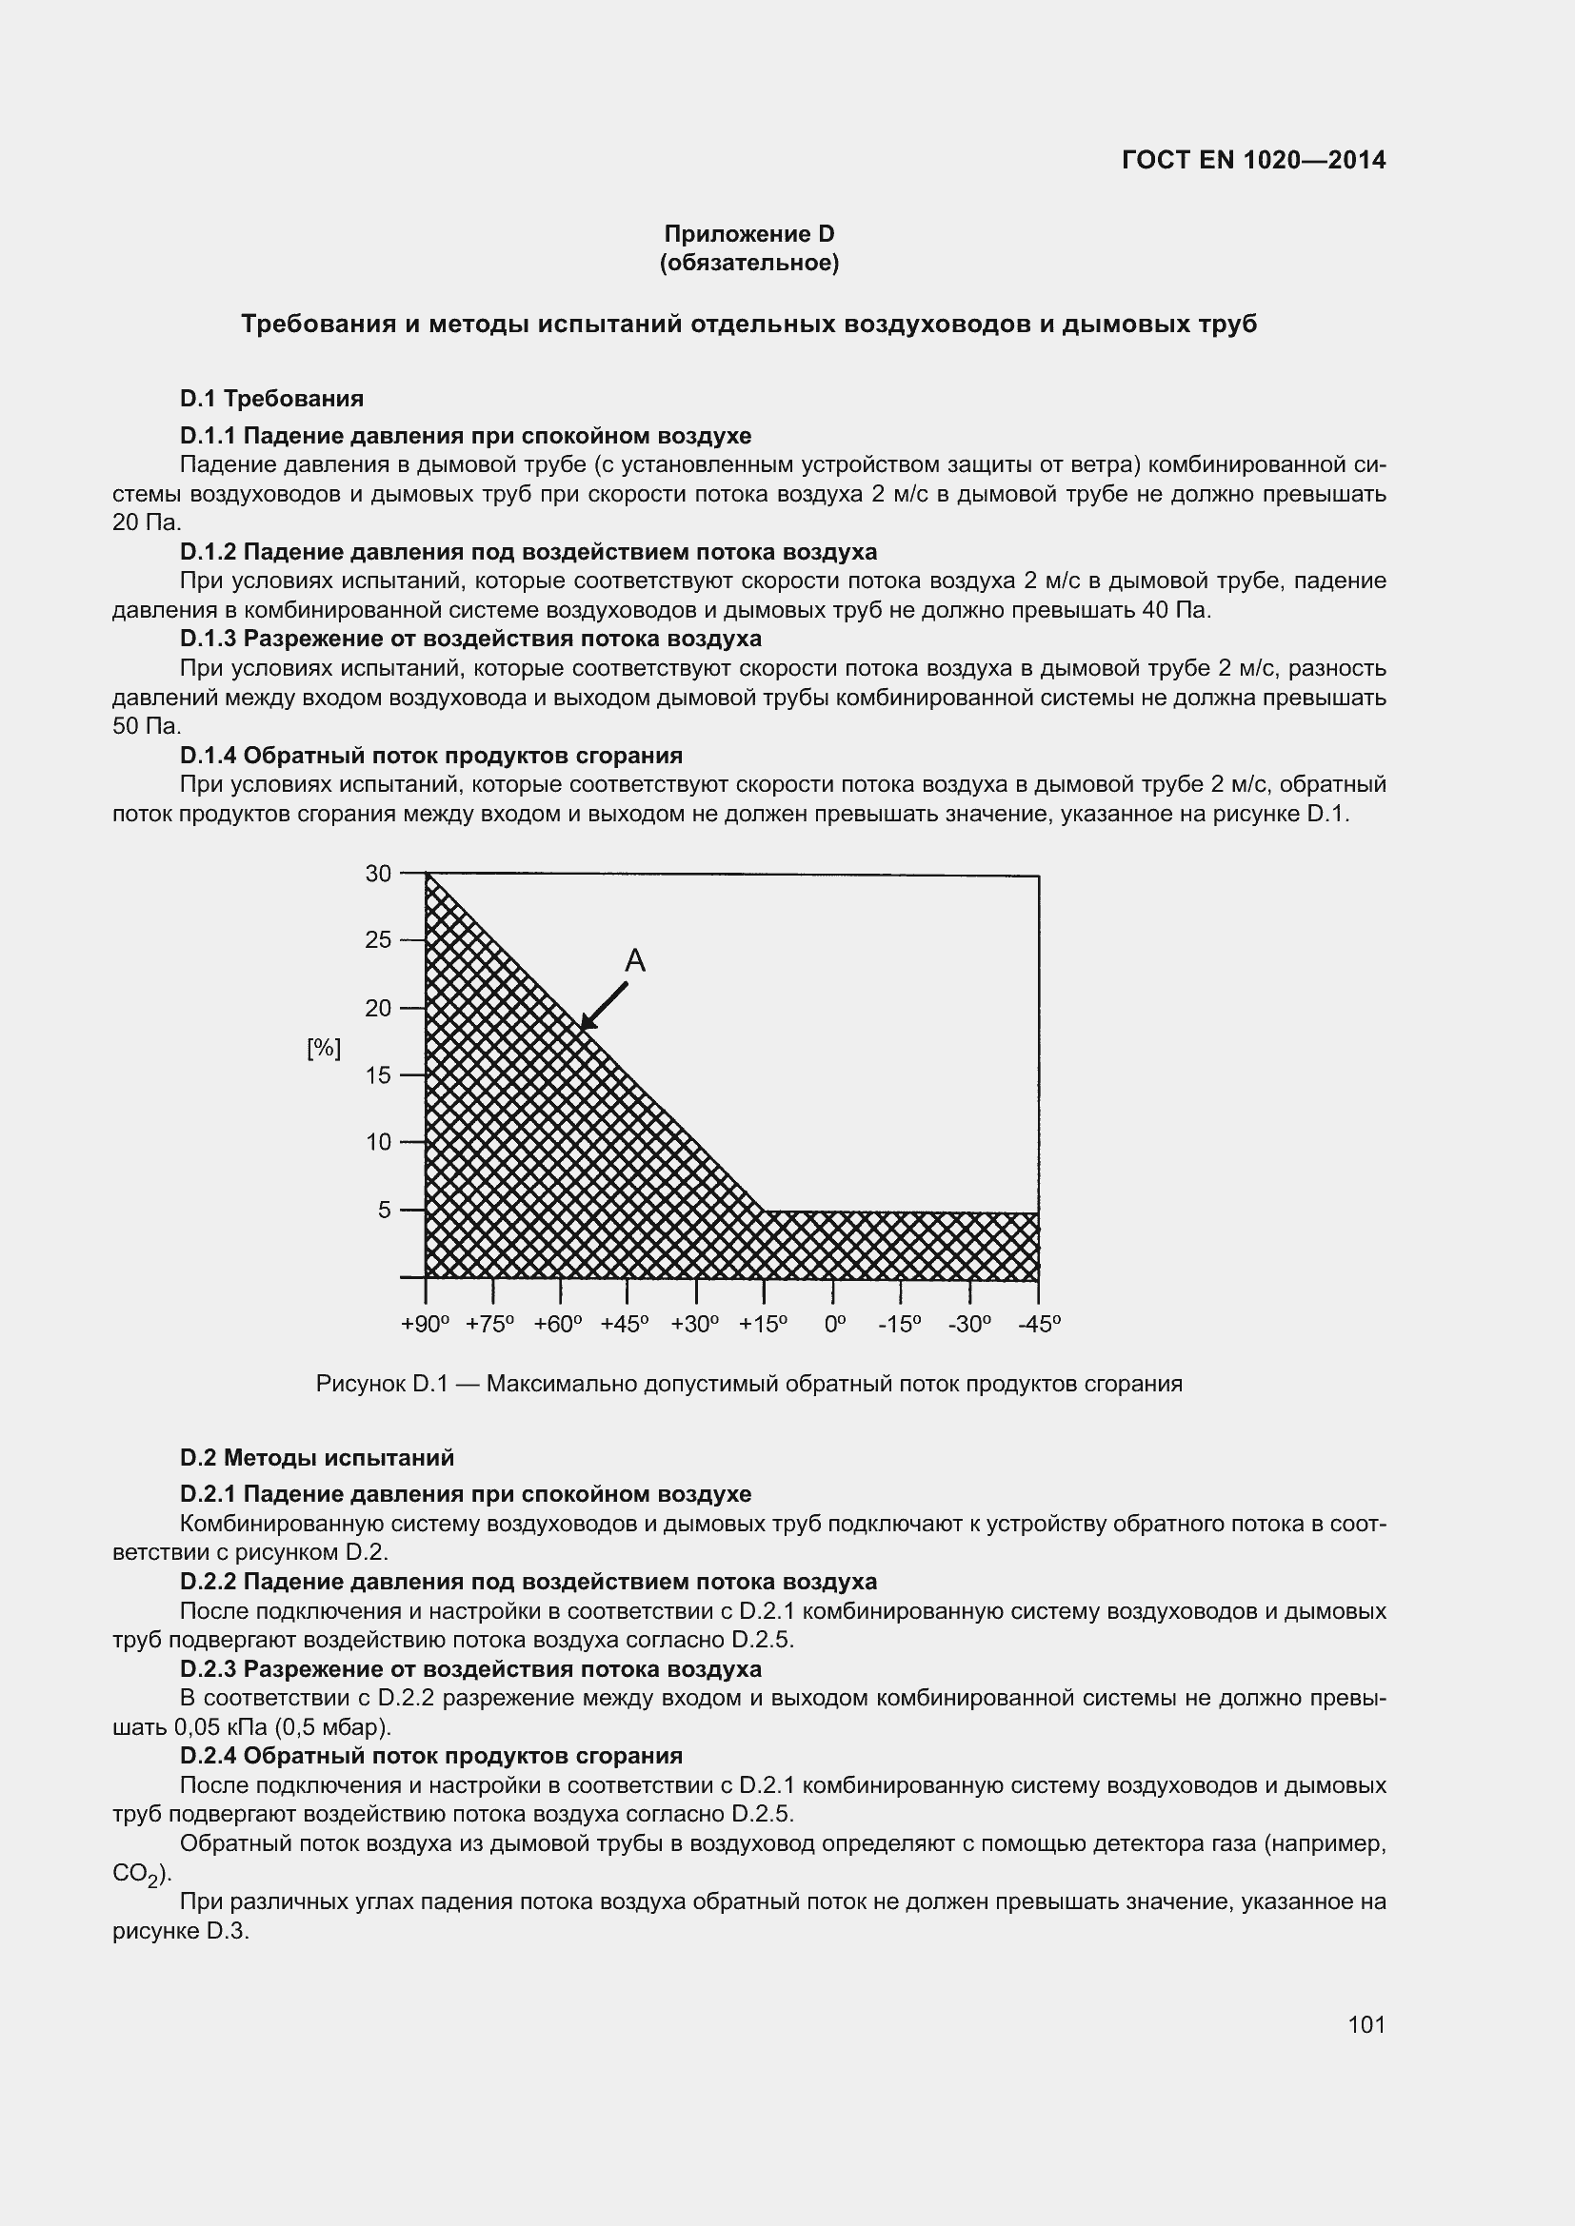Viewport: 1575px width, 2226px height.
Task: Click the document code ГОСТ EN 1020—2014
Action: click(x=1253, y=160)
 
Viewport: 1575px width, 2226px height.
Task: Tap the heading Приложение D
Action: click(x=748, y=234)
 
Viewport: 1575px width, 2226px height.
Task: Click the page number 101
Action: click(x=1366, y=2024)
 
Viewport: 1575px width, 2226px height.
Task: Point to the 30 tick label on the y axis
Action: click(x=378, y=874)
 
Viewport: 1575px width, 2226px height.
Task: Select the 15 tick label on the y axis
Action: click(x=378, y=1075)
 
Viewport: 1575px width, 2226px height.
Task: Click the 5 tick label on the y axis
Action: click(x=385, y=1210)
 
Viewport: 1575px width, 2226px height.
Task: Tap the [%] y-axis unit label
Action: click(x=324, y=1048)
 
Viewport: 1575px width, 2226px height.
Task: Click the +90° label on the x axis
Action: click(x=425, y=1325)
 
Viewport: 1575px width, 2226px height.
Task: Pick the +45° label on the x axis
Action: click(x=625, y=1325)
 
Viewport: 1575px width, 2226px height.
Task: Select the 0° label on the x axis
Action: click(x=835, y=1325)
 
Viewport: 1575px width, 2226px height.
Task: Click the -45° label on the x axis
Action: click(x=1040, y=1325)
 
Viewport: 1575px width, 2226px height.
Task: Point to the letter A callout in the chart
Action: click(x=634, y=961)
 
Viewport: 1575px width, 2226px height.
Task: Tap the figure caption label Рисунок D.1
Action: click(x=382, y=1384)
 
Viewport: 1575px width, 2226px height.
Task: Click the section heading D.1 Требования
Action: click(x=271, y=399)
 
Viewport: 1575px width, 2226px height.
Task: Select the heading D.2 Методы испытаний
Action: click(x=317, y=1458)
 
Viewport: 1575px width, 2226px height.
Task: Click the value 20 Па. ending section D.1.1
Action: click(x=148, y=522)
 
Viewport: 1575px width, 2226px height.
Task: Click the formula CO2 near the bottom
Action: click(x=137, y=1873)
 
